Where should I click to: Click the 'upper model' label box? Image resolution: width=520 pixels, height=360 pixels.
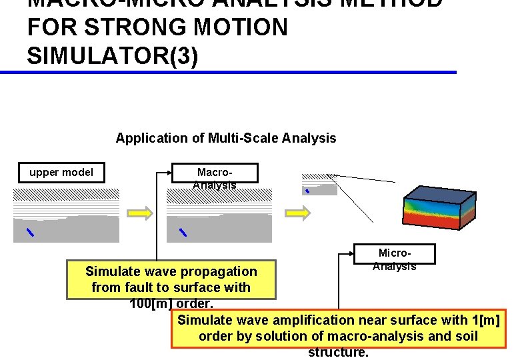61,173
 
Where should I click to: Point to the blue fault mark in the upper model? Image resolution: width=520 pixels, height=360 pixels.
29,232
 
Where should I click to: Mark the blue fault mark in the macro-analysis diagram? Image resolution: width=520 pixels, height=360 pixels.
183,232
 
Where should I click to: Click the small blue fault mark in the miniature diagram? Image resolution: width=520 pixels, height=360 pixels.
307,191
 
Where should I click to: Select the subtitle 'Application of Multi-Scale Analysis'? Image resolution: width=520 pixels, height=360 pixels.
226,139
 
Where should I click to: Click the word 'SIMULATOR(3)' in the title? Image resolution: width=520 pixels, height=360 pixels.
112,57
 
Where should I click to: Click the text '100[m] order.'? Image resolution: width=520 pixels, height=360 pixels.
171,303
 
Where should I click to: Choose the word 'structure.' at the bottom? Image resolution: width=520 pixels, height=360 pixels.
338,352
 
